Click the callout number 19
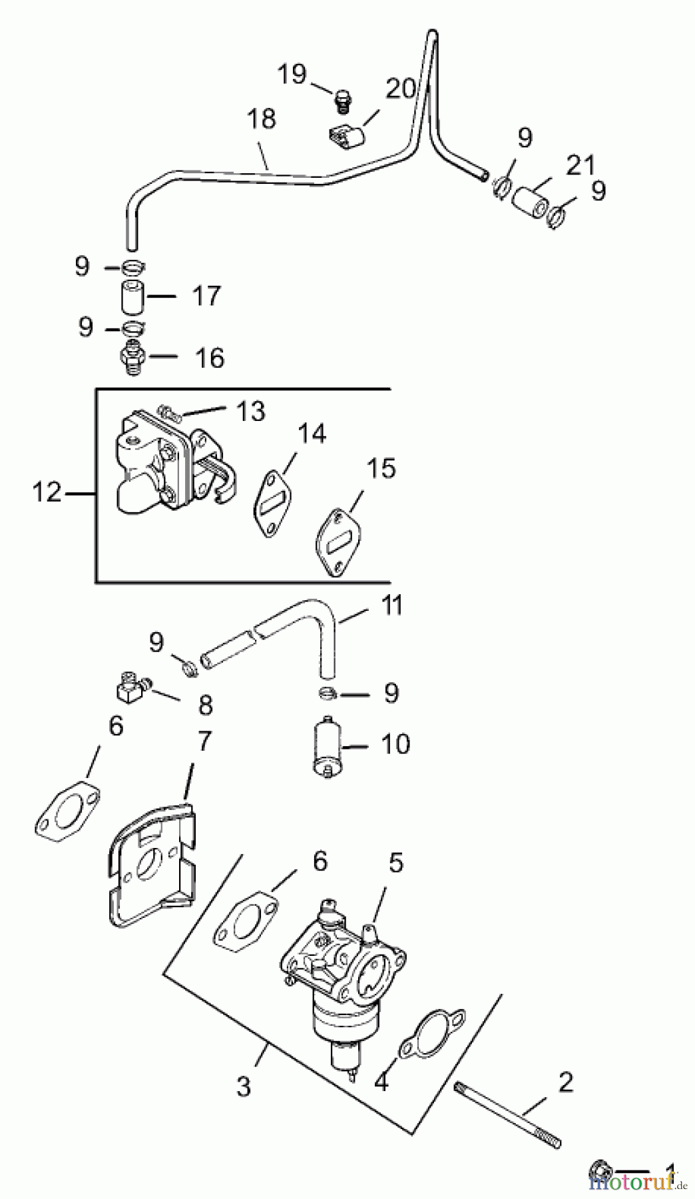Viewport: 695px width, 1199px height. coord(292,75)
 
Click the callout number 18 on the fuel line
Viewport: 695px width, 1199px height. coord(261,119)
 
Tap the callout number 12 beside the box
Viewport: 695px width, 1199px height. coord(47,493)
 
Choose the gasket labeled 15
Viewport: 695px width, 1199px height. coord(337,545)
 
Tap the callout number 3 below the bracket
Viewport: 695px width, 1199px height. coord(244,1087)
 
